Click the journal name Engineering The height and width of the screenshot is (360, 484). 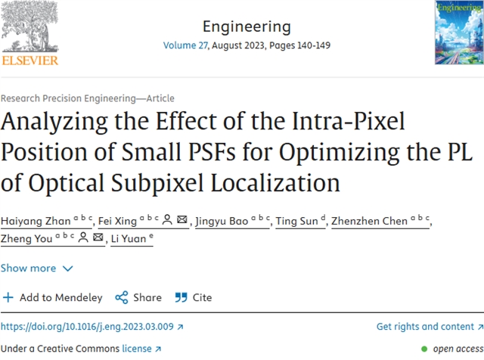coord(247,26)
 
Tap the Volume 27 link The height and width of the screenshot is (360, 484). coord(184,45)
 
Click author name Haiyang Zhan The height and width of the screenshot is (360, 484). coord(35,221)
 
